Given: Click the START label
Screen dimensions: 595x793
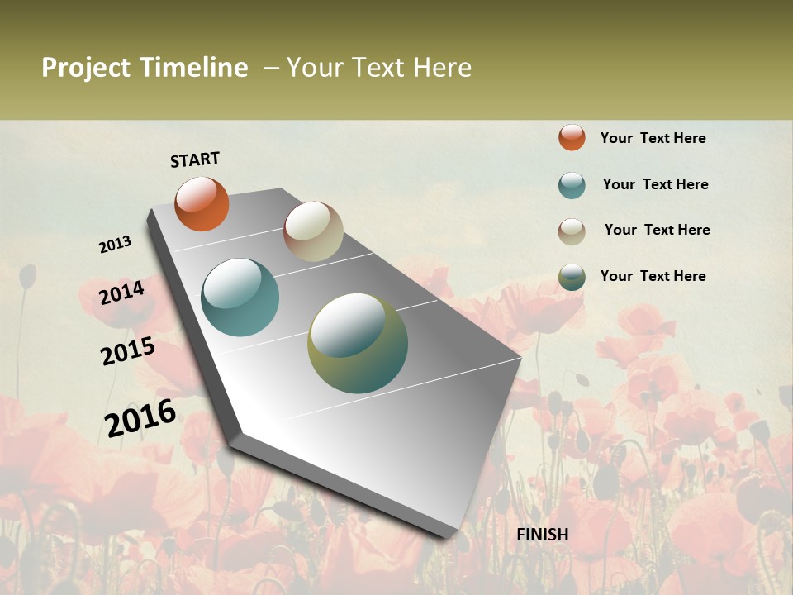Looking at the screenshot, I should pyautogui.click(x=195, y=159).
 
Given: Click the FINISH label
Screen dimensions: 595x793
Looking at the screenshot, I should pyautogui.click(x=543, y=535).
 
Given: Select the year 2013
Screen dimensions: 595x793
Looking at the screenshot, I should pyautogui.click(x=116, y=245).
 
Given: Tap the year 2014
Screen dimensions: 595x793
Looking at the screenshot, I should pyautogui.click(x=122, y=293).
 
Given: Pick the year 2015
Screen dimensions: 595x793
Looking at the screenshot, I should pyautogui.click(x=128, y=351).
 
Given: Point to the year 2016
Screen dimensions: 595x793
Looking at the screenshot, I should pyautogui.click(x=140, y=417).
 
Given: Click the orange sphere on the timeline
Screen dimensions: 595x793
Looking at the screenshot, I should pyautogui.click(x=202, y=203).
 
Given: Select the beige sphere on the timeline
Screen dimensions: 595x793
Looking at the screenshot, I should pyautogui.click(x=313, y=231).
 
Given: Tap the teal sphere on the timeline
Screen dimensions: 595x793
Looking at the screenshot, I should pyautogui.click(x=240, y=297).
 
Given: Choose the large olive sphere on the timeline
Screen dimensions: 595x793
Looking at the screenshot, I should pyautogui.click(x=358, y=343).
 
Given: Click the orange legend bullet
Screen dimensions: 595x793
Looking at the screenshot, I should pyautogui.click(x=572, y=137).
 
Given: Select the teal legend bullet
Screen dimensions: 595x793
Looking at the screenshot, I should pyautogui.click(x=572, y=185).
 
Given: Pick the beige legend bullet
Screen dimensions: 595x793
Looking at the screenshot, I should pyautogui.click(x=572, y=231).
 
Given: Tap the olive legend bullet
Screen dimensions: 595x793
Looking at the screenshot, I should pyautogui.click(x=572, y=277).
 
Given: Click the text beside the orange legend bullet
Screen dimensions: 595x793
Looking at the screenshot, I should pyautogui.click(x=653, y=138).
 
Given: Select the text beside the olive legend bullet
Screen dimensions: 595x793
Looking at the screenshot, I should pyautogui.click(x=653, y=276).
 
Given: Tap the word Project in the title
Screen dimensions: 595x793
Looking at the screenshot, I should pyautogui.click(x=87, y=68).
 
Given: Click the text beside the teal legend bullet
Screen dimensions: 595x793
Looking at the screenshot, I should pyautogui.click(x=655, y=184).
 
